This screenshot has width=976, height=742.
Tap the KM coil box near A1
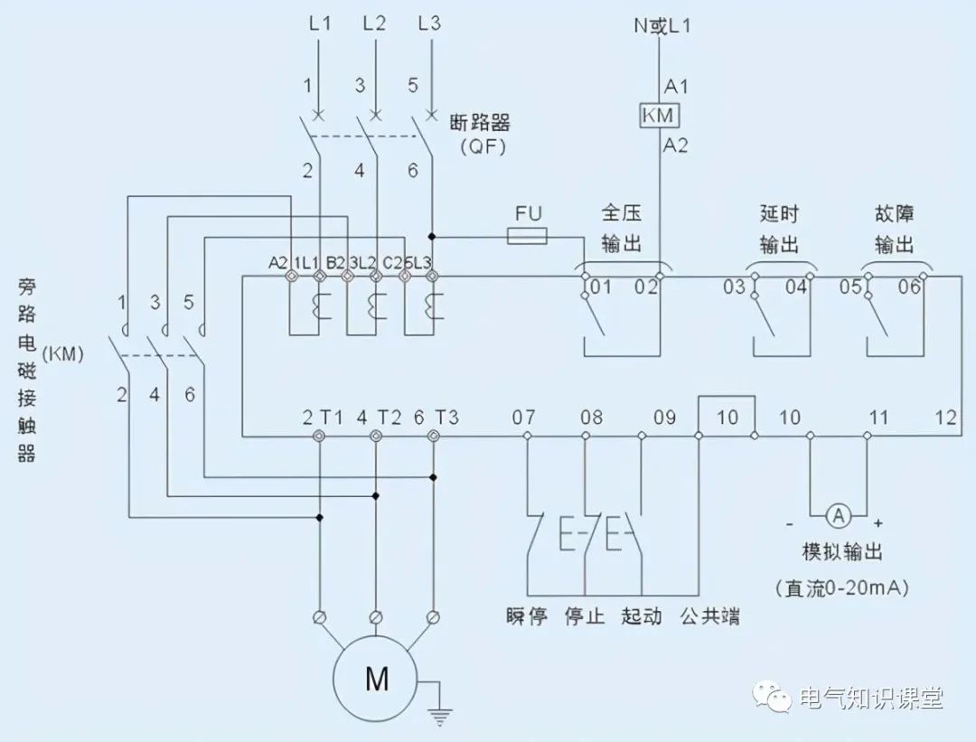[660, 117]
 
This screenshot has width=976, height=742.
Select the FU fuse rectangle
[527, 237]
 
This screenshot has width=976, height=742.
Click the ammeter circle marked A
[838, 515]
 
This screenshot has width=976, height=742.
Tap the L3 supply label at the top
[430, 24]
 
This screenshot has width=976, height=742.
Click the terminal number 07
[524, 418]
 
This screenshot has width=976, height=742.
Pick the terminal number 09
[664, 418]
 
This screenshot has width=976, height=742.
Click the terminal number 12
[946, 418]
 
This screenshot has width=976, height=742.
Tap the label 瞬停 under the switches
[527, 617]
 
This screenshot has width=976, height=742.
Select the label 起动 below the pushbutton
[641, 617]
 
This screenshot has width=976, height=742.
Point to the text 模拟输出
[841, 552]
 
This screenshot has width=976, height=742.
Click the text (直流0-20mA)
[841, 587]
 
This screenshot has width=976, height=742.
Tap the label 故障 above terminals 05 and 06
[893, 215]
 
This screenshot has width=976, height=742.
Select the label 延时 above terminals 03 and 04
[779, 215]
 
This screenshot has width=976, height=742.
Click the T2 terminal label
[390, 418]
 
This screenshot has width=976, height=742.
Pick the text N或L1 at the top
[662, 26]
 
